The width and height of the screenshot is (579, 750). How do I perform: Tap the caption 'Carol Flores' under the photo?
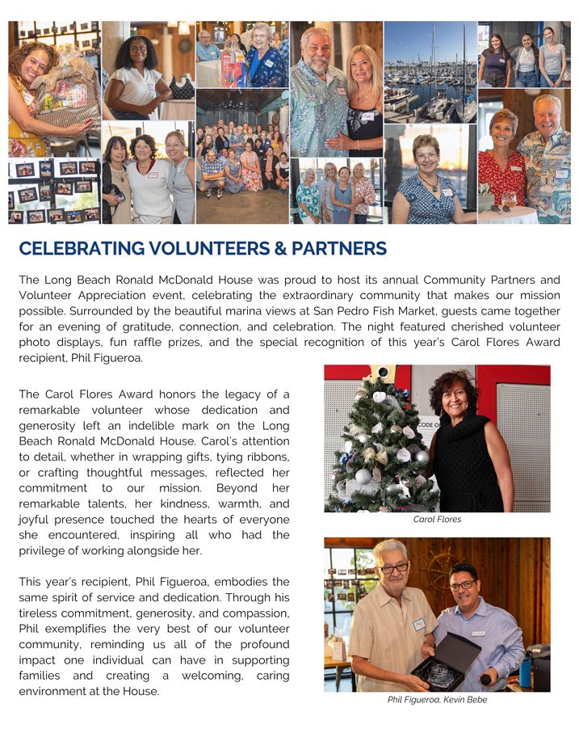[x=437, y=520]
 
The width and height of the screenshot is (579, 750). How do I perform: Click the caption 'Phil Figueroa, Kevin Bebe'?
[x=437, y=700]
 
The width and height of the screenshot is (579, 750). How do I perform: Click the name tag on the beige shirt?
[x=418, y=624]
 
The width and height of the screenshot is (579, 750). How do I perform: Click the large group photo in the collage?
[x=242, y=158]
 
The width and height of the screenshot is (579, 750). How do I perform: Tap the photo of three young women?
[x=524, y=54]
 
